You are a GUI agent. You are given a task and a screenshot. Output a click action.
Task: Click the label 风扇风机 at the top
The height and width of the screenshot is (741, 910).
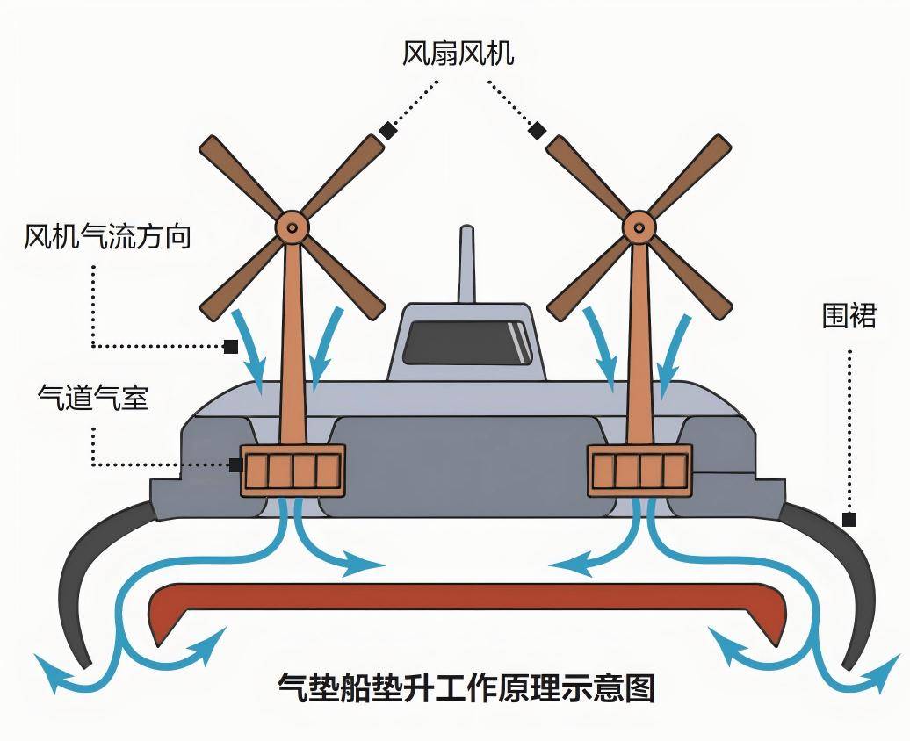[x=457, y=54]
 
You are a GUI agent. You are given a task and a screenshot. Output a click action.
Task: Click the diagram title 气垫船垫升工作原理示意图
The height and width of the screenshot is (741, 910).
[x=466, y=687]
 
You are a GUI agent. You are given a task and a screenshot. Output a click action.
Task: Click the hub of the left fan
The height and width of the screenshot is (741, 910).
[x=292, y=227]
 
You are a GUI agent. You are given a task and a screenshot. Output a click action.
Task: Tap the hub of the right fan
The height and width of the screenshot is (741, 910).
[x=639, y=227]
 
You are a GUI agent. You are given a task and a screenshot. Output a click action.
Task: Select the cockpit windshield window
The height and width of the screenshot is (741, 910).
[x=466, y=343]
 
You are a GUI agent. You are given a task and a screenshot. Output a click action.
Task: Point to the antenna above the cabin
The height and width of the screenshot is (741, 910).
[x=466, y=263]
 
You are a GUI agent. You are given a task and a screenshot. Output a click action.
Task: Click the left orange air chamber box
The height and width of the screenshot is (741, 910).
[x=292, y=471]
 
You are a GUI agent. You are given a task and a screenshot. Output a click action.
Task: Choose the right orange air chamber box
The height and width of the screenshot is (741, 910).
[x=639, y=471]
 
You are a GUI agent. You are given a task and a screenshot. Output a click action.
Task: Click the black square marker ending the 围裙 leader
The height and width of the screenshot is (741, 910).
[x=849, y=519]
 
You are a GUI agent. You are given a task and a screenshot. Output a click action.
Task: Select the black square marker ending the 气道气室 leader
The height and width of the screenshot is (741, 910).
[x=235, y=464]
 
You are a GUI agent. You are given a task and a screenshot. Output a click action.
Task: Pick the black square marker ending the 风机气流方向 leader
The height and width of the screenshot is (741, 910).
[x=230, y=346]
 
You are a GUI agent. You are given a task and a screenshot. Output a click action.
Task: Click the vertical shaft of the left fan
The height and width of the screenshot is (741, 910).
[x=292, y=351]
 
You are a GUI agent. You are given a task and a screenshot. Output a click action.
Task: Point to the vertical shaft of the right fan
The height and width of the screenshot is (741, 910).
[x=639, y=351]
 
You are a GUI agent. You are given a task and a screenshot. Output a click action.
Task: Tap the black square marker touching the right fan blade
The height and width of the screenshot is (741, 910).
[x=537, y=132]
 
